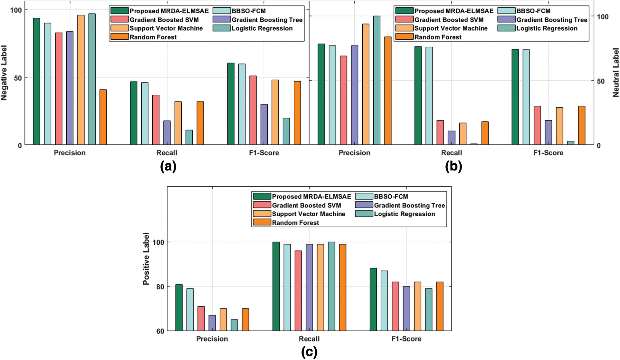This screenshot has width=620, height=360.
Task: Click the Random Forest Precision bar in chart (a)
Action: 103,117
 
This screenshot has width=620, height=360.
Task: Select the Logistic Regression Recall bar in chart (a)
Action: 189,138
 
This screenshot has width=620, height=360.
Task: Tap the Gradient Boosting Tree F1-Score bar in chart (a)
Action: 264,124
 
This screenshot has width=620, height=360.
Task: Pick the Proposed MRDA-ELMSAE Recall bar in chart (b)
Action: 418,96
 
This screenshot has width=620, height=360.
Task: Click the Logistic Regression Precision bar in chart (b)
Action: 377,80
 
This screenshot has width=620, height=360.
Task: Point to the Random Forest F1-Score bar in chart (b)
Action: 582,125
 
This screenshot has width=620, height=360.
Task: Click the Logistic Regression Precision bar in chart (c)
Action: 234,325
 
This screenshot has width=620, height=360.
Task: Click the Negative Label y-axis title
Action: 4,73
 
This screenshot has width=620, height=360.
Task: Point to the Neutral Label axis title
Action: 616,73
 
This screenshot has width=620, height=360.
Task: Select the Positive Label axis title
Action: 146,259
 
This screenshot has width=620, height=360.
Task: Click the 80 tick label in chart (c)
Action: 160,287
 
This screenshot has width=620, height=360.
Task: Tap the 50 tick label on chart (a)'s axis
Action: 18,78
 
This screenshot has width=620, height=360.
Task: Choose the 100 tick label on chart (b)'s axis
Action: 603,17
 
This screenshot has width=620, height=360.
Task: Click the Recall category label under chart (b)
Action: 452,153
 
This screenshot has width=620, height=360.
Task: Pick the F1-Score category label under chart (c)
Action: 406,339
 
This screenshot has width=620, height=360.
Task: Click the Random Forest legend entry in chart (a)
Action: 153,37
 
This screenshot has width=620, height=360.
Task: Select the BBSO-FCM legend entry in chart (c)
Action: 391,197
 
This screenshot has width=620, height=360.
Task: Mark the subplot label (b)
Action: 453,167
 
